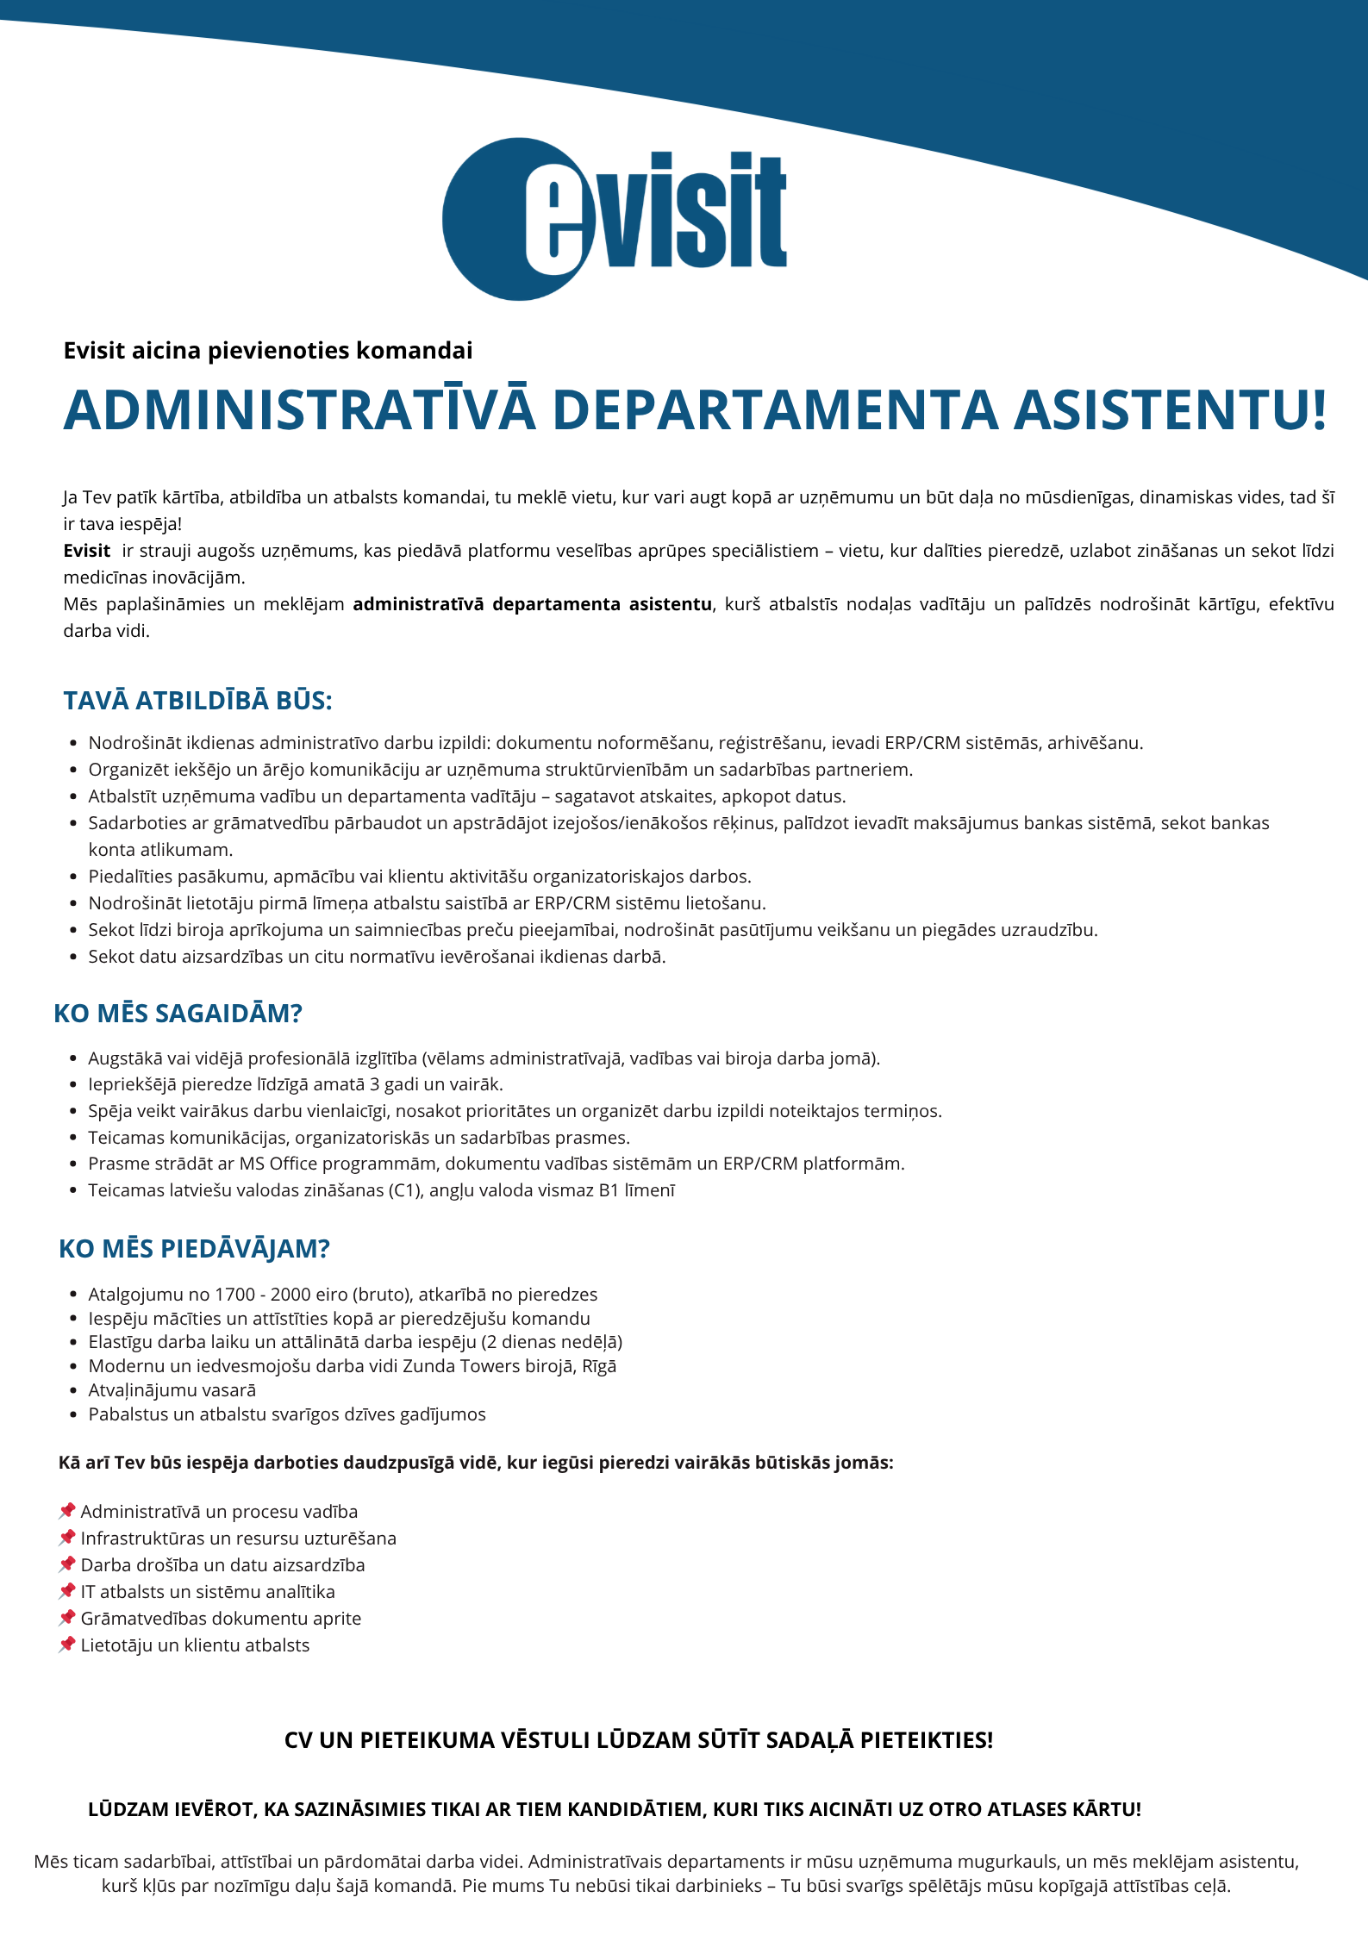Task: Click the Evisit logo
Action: pyautogui.click(x=614, y=219)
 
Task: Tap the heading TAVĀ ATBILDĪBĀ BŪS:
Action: pyautogui.click(x=197, y=701)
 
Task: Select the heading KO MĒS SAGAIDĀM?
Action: pyautogui.click(x=178, y=1014)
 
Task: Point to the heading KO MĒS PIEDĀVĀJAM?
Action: pyautogui.click(x=194, y=1249)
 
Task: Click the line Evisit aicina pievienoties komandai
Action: pyautogui.click(x=268, y=351)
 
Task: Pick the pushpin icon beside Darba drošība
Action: pyautogui.click(x=67, y=1564)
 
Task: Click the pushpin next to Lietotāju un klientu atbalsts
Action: pyautogui.click(x=67, y=1645)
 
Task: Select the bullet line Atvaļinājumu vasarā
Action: pyautogui.click(x=172, y=1390)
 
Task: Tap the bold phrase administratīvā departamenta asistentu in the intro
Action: pyautogui.click(x=533, y=604)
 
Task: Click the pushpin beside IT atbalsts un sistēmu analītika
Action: pyautogui.click(x=67, y=1591)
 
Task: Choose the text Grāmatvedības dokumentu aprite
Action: pyautogui.click(x=221, y=1619)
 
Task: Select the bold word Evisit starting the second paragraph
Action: pyautogui.click(x=87, y=551)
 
